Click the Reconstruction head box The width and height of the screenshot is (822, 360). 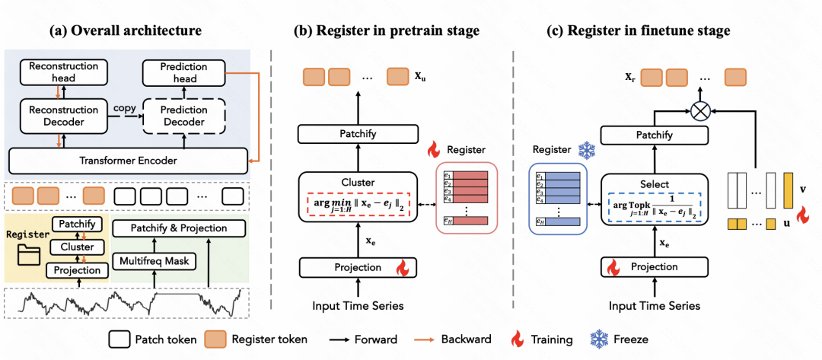pos(64,72)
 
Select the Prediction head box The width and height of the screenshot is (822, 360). pos(178,73)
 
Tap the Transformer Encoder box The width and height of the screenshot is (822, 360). pos(129,160)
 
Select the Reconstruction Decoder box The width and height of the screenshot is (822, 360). pos(64,116)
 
